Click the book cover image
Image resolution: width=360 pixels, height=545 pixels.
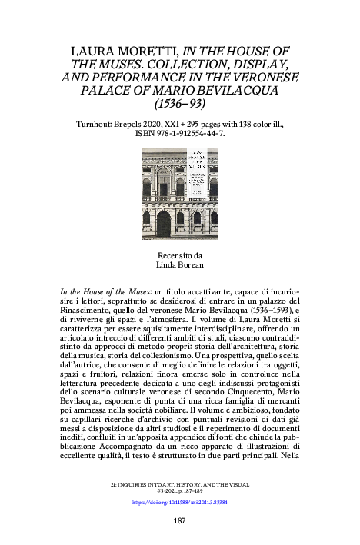point(180,194)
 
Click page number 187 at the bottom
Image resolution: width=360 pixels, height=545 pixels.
point(180,520)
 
